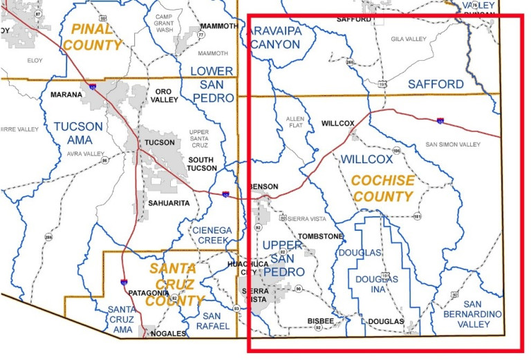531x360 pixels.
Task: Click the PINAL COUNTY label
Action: (x=93, y=37)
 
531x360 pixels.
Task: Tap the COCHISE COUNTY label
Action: (x=382, y=188)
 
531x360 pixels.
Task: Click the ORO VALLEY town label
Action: (x=165, y=95)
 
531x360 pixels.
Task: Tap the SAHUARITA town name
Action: (x=168, y=203)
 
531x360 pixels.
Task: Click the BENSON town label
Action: (x=263, y=187)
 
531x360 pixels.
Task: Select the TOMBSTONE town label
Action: (x=320, y=236)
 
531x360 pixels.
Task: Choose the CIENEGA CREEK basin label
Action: (x=211, y=235)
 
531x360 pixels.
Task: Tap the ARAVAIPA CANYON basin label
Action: (x=275, y=37)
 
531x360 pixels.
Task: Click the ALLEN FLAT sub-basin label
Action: (x=295, y=124)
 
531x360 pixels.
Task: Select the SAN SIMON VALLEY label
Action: (x=452, y=144)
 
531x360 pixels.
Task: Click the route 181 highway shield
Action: (x=418, y=217)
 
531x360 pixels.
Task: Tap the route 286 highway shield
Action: (x=48, y=238)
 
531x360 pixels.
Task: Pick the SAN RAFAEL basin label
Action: (x=207, y=321)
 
